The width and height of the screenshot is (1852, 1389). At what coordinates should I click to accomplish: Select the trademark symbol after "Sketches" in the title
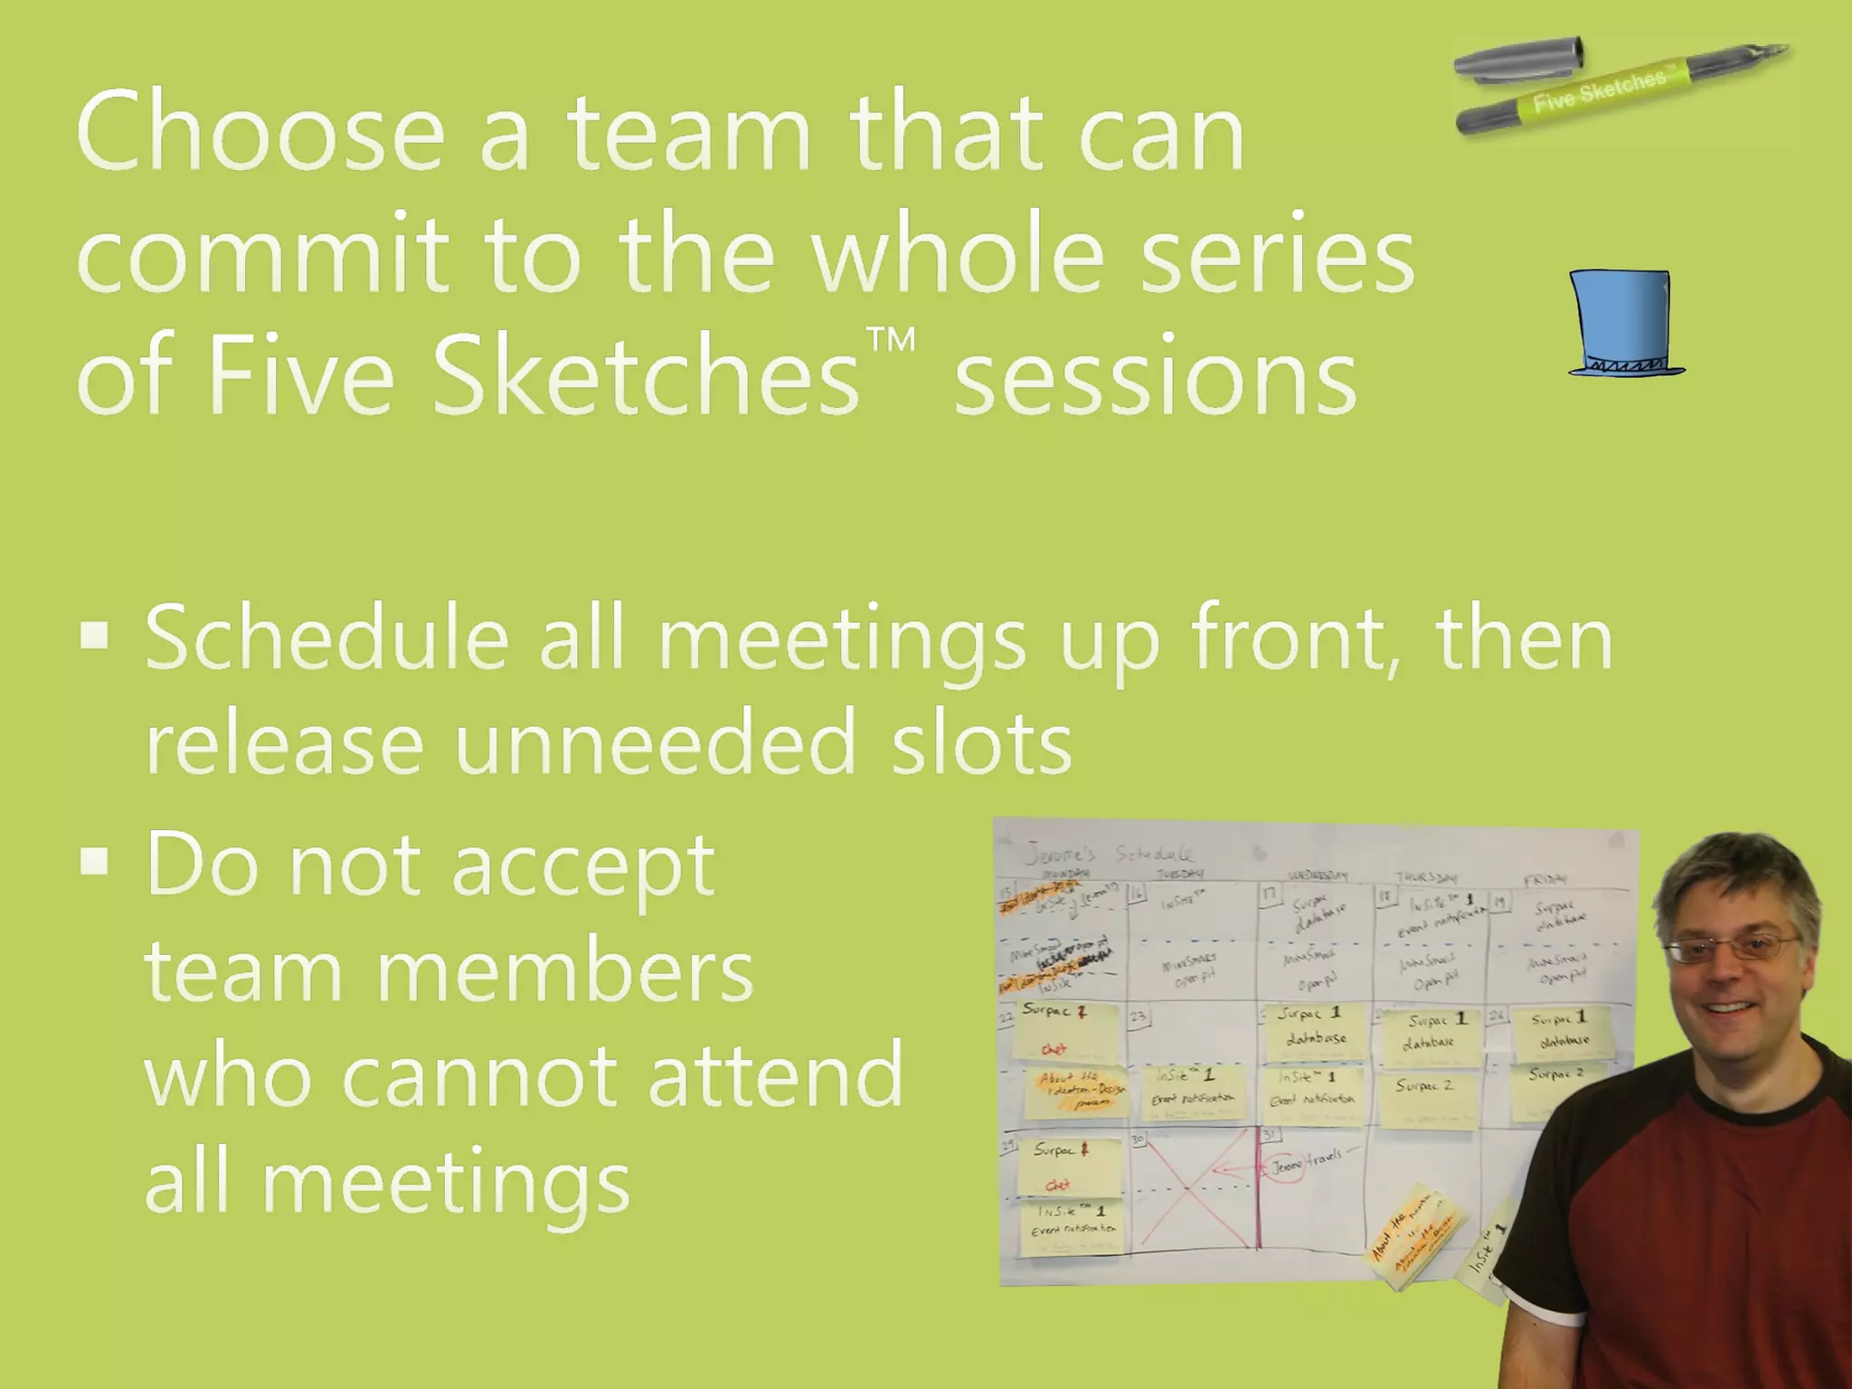[891, 342]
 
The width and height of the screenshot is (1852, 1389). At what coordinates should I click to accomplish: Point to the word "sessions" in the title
[1156, 375]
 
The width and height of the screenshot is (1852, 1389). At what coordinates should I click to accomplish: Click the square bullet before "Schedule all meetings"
[94, 636]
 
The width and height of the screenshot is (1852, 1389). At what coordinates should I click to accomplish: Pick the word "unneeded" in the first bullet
[655, 743]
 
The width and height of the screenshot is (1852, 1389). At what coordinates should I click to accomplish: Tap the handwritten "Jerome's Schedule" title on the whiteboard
[1108, 853]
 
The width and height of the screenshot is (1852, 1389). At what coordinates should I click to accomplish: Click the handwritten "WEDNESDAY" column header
[1318, 875]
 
